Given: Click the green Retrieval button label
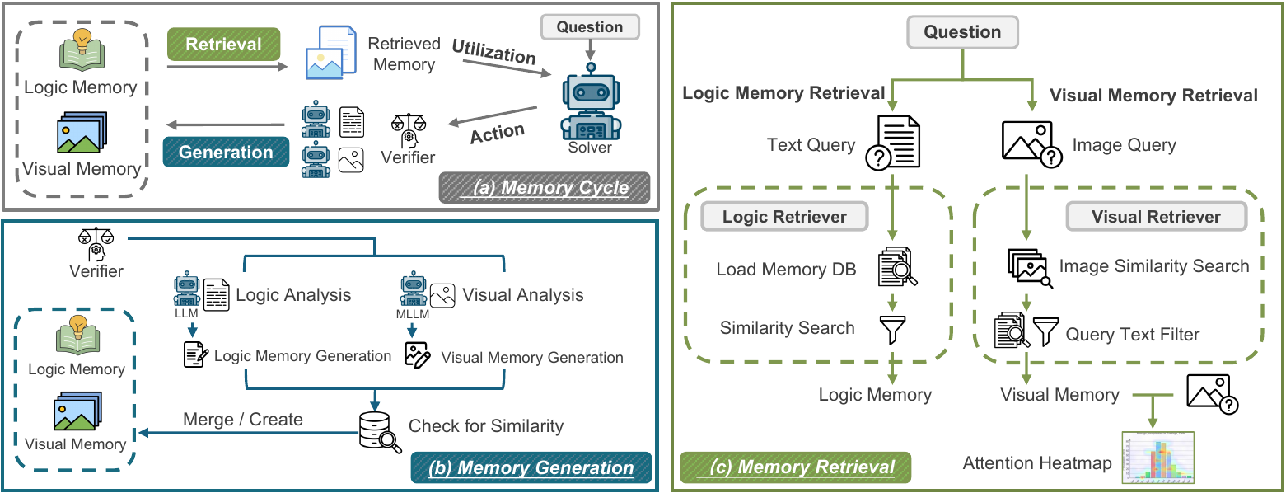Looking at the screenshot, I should (x=223, y=45).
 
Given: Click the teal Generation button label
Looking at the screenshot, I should (x=226, y=153).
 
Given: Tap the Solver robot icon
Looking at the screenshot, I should (x=590, y=105).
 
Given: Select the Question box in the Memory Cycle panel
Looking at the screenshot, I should (x=589, y=27).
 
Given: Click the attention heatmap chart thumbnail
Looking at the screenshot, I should (x=1158, y=458).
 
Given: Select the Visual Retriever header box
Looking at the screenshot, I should (x=1156, y=217).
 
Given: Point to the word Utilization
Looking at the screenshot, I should (x=493, y=54).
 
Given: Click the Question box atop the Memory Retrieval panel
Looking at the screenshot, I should (x=962, y=32).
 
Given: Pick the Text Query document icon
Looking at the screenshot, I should (x=892, y=143).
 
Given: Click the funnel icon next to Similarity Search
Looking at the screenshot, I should (x=892, y=329).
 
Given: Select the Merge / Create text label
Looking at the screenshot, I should (x=242, y=419).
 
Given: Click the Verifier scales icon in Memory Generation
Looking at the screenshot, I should (x=96, y=243).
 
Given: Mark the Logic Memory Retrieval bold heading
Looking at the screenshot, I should (x=783, y=93).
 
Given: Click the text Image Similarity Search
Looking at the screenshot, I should (x=1154, y=266).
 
